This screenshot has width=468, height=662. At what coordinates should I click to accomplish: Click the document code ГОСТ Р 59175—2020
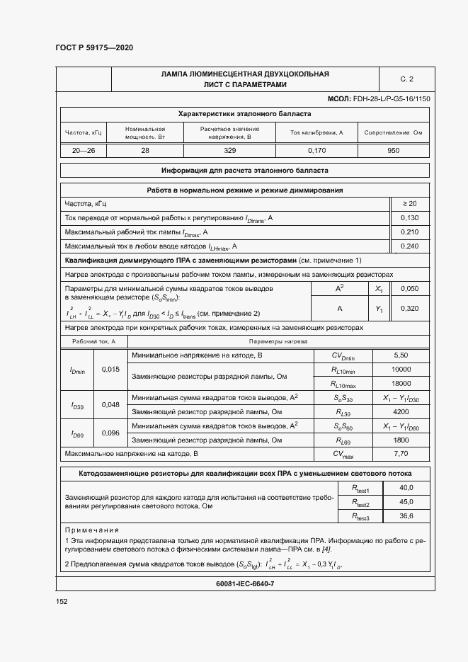pyautogui.click(x=93, y=47)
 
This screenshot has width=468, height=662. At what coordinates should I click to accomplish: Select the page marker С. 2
pyautogui.click(x=406, y=79)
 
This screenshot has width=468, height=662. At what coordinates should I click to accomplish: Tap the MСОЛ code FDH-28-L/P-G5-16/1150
pyautogui.click(x=379, y=99)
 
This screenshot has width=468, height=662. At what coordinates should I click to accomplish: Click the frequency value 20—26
pyautogui.click(x=84, y=150)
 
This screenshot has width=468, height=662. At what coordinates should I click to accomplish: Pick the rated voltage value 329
pyautogui.click(x=229, y=150)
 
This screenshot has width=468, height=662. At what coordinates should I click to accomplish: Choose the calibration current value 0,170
pyautogui.click(x=316, y=150)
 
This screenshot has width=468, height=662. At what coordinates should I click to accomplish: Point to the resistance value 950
pyautogui.click(x=394, y=150)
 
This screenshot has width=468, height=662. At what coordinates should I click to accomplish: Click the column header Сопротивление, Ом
pyautogui.click(x=394, y=132)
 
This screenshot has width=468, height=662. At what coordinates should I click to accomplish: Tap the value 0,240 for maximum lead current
pyautogui.click(x=409, y=246)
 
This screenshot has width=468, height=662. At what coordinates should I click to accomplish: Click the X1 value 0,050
pyautogui.click(x=409, y=289)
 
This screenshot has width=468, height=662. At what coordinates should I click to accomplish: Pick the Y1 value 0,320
pyautogui.click(x=409, y=309)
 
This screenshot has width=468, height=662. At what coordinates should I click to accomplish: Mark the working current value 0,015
pyautogui.click(x=111, y=369)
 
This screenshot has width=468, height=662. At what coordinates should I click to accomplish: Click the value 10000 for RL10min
pyautogui.click(x=401, y=370)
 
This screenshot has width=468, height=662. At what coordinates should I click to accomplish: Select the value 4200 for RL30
pyautogui.click(x=401, y=411)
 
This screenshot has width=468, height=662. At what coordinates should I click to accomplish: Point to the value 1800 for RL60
pyautogui.click(x=401, y=440)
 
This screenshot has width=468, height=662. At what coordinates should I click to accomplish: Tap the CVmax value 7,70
pyautogui.click(x=401, y=453)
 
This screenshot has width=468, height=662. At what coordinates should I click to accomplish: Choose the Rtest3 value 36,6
pyautogui.click(x=406, y=517)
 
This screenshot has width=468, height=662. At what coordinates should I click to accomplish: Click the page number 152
pyautogui.click(x=62, y=601)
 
